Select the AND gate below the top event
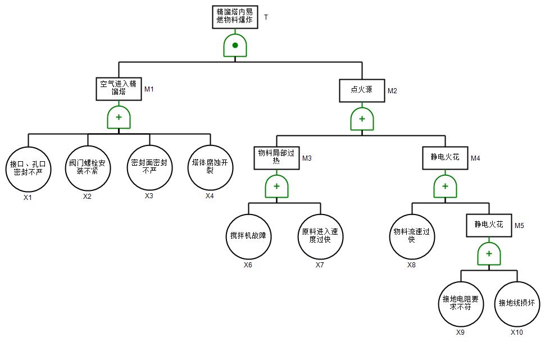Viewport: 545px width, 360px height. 235,45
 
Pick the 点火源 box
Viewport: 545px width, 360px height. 362,90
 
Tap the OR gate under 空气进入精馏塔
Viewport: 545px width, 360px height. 119,117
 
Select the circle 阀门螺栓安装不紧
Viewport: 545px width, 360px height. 88,167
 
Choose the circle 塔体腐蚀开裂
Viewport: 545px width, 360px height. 210,167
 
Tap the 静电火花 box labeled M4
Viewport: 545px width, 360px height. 445,158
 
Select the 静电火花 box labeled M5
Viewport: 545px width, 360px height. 489,225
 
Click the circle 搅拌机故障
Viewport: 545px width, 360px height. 248,236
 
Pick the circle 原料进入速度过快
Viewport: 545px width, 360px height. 320,236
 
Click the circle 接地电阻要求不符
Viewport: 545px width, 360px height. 461,304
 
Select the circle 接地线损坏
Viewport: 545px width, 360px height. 516,304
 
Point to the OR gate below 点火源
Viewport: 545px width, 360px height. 362,119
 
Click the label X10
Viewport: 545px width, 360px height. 516,332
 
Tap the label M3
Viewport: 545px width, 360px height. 307,158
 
